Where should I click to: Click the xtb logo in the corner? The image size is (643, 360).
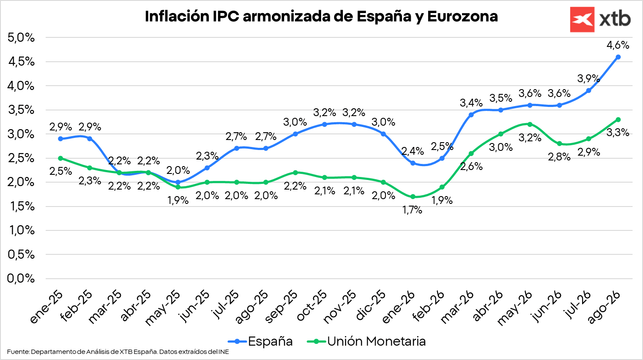click(600, 20)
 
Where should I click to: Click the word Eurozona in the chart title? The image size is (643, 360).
click(462, 17)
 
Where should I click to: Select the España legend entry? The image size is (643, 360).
click(260, 341)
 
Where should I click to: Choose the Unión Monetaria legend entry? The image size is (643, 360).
click(366, 341)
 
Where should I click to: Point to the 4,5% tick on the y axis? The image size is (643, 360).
click(21, 62)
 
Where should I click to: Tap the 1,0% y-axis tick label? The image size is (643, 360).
click(21, 230)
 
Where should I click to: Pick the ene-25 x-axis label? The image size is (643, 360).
click(46, 307)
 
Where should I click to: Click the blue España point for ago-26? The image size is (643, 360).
click(618, 57)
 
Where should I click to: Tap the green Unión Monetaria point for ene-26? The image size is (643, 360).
click(413, 197)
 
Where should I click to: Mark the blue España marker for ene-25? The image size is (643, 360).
click(60, 139)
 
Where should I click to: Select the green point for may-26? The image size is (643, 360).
click(530, 124)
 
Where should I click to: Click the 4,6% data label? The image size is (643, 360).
click(618, 45)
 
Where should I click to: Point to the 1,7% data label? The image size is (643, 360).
click(412, 210)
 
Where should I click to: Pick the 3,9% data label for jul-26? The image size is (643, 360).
click(589, 78)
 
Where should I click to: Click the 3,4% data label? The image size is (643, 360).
click(471, 103)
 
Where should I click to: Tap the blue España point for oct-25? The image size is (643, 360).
click(325, 124)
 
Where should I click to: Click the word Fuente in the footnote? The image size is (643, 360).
click(18, 352)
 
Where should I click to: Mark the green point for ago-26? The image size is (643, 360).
click(618, 120)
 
